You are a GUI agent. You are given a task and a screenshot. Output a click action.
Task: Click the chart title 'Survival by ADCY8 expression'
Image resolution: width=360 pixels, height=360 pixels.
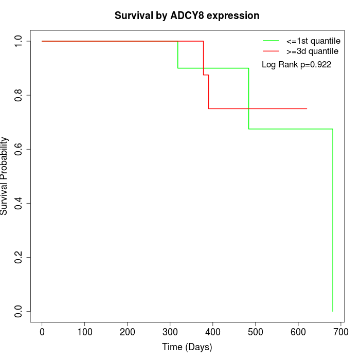187,16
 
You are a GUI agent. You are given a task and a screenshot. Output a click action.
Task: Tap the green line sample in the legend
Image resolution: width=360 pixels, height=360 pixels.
271,41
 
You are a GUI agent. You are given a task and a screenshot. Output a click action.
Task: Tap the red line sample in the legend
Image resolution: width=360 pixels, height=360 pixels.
271,51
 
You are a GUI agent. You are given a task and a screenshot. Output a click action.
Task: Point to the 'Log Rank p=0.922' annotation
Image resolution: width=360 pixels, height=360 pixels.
296,65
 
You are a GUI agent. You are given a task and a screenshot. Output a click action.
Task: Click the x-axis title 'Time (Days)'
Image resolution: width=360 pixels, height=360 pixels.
187,347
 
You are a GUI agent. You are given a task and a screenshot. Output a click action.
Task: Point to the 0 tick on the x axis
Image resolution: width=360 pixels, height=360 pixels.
42,333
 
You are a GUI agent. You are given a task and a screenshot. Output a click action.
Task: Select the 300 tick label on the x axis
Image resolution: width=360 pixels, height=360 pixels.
170,333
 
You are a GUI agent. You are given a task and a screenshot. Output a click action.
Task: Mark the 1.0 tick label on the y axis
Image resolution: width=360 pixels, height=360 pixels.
19,41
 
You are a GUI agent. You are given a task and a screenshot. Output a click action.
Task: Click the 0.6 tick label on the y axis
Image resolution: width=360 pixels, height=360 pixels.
19,149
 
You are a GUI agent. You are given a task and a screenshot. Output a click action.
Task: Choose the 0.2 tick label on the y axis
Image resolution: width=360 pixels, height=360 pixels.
19,257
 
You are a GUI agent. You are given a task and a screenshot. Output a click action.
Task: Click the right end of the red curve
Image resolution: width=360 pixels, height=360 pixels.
307,109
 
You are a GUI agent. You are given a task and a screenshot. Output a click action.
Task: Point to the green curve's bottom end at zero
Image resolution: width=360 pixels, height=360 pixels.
333,311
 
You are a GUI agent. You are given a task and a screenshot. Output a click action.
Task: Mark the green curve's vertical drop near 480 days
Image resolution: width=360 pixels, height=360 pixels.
249,98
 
